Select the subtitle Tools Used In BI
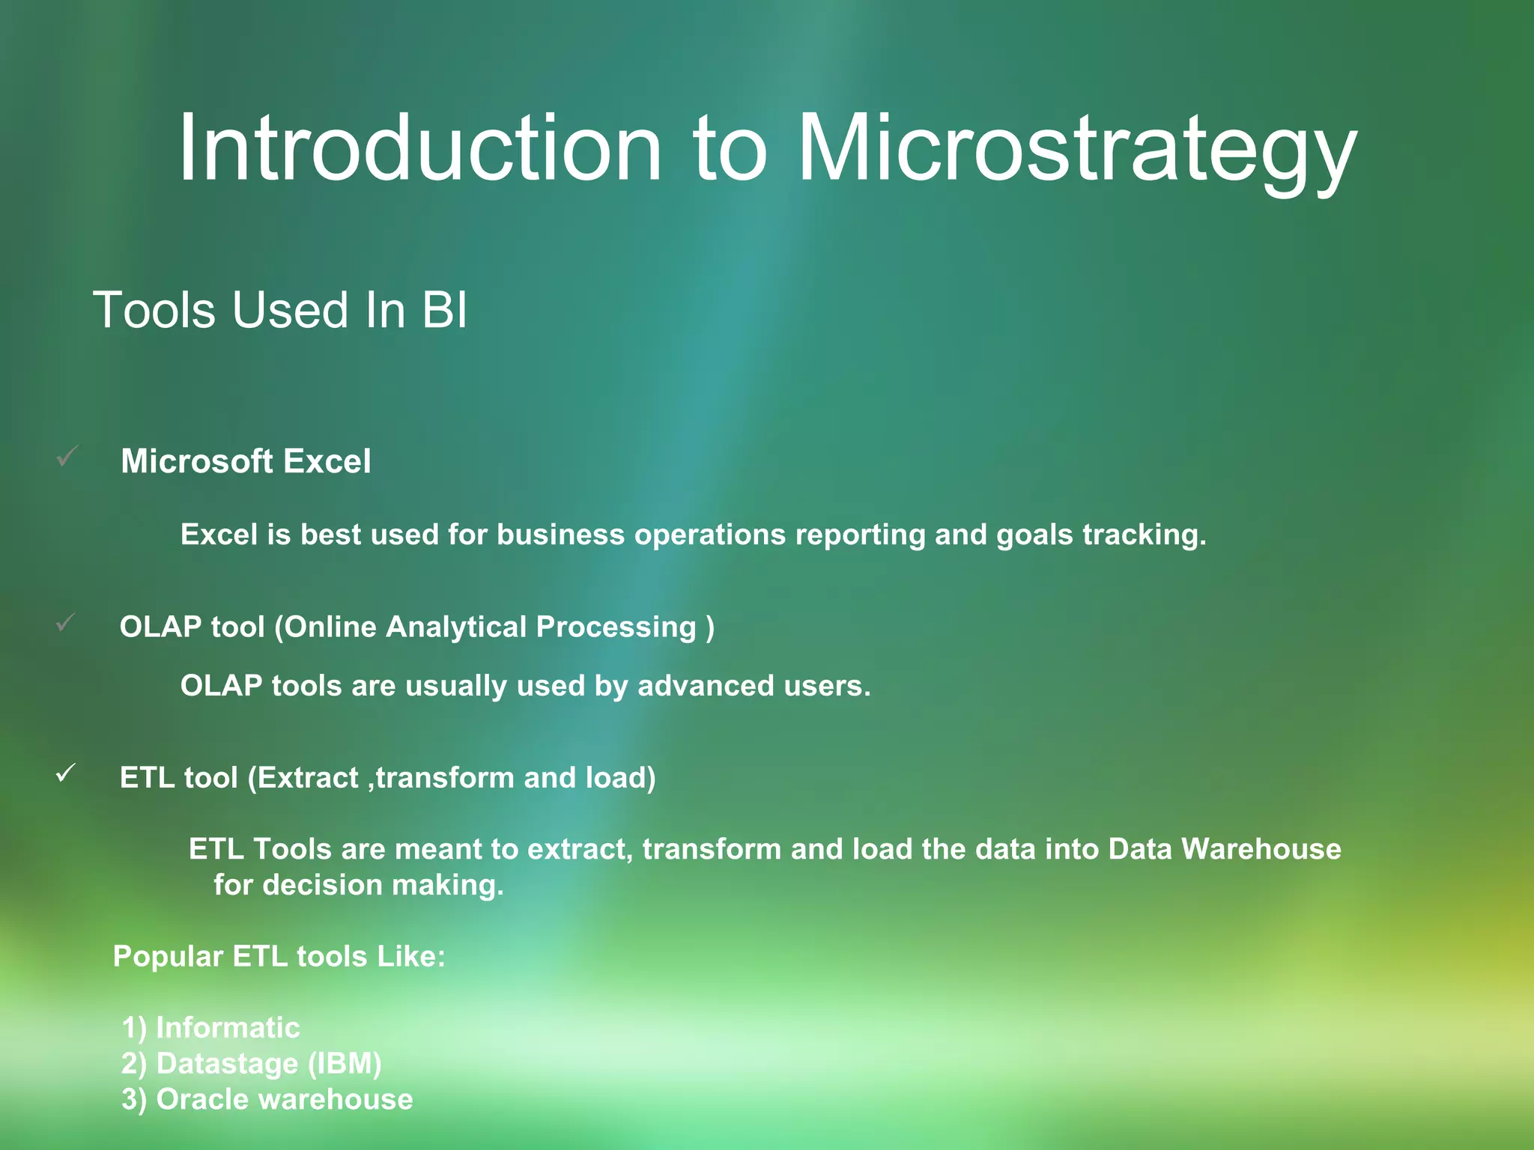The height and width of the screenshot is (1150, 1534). pyautogui.click(x=280, y=310)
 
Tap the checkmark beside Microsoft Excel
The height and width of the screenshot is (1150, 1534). pyautogui.click(x=67, y=456)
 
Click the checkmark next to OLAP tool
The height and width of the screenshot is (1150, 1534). pyautogui.click(x=66, y=622)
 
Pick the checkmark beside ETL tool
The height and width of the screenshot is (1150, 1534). pyautogui.click(x=66, y=773)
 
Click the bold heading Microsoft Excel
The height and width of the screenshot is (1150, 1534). pyautogui.click(x=246, y=461)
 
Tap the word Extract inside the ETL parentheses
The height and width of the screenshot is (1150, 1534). pyautogui.click(x=308, y=778)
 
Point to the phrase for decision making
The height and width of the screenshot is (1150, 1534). pyautogui.click(x=358, y=885)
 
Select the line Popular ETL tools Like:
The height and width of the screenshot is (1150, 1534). pyautogui.click(x=279, y=956)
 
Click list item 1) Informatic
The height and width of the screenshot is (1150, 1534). pyautogui.click(x=210, y=1027)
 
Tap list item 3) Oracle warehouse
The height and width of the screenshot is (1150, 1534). pyautogui.click(x=267, y=1099)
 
